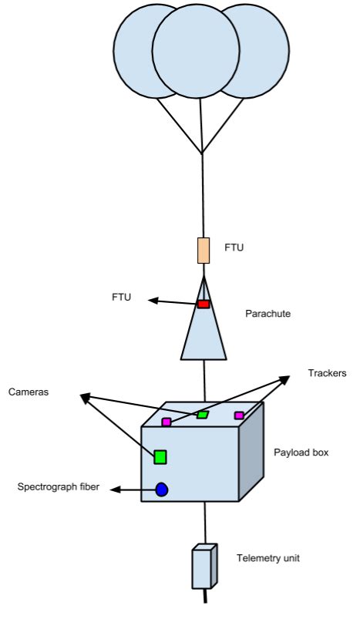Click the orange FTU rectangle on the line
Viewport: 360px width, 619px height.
(x=204, y=251)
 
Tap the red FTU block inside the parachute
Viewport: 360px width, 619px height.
(x=204, y=304)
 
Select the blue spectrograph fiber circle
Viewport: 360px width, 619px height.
(x=162, y=489)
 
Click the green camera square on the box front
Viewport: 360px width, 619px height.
(x=160, y=456)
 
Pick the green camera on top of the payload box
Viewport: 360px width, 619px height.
(x=204, y=415)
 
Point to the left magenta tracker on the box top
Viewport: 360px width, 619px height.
(x=167, y=422)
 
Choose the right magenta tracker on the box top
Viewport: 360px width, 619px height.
(x=239, y=415)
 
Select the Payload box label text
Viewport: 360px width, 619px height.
(x=302, y=452)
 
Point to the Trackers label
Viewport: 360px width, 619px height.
(x=327, y=373)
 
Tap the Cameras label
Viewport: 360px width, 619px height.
(x=29, y=392)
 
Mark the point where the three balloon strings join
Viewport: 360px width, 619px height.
(x=202, y=153)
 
